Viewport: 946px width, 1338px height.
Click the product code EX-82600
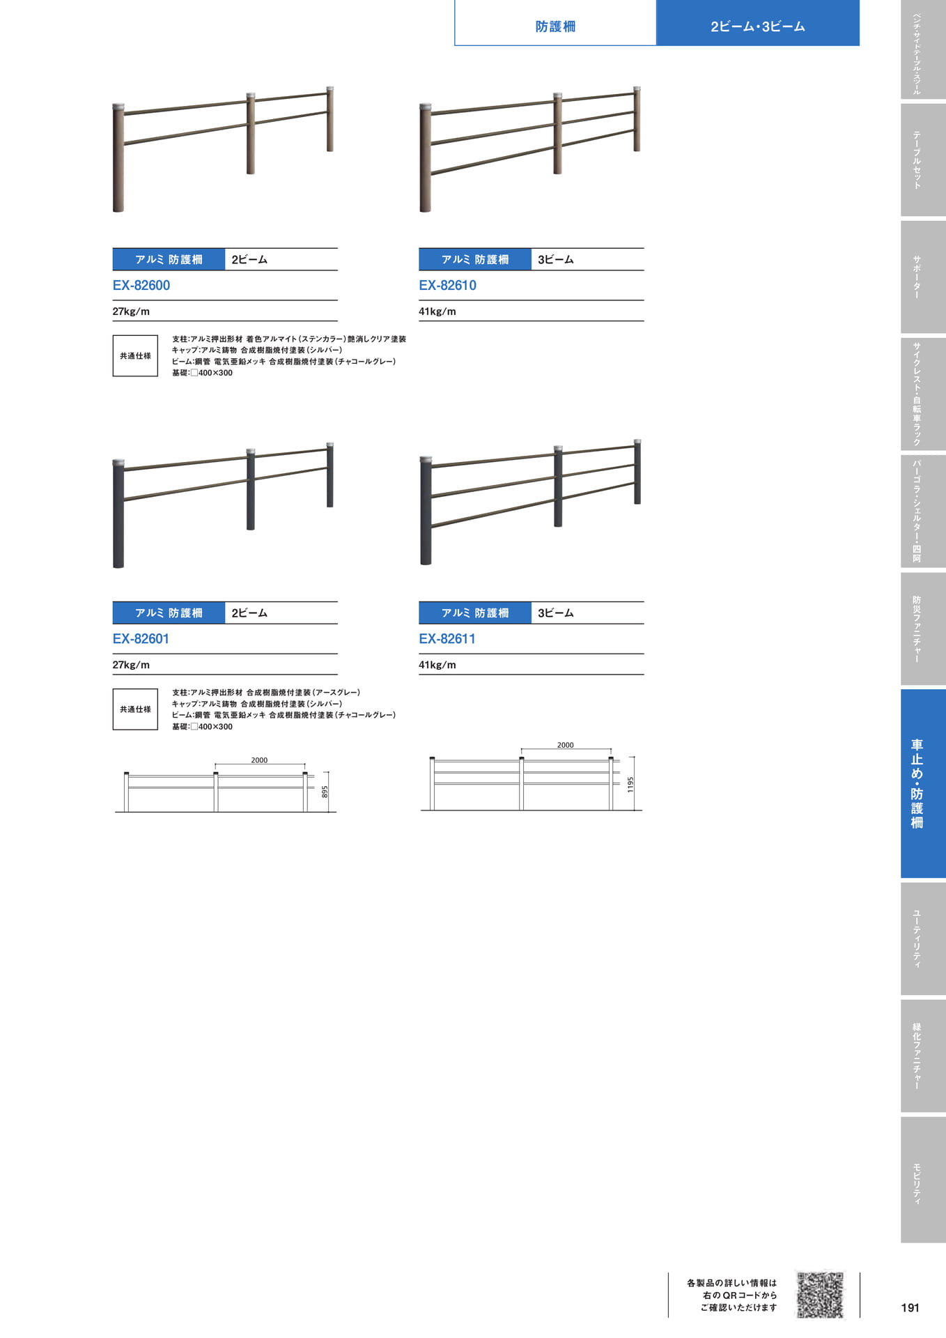pyautogui.click(x=141, y=285)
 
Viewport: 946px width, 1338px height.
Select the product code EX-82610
pyautogui.click(x=447, y=285)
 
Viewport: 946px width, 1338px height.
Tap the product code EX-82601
pyautogui.click(x=141, y=638)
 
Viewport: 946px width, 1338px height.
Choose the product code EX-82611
pyautogui.click(x=447, y=638)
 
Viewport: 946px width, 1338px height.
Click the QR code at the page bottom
pyautogui.click(x=820, y=1295)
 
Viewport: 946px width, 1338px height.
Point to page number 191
pyautogui.click(x=910, y=1307)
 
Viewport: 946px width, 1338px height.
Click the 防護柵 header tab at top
pyautogui.click(x=555, y=26)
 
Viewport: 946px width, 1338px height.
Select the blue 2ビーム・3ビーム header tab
pyautogui.click(x=758, y=26)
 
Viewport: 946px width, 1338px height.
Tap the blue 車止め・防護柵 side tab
pyautogui.click(x=923, y=783)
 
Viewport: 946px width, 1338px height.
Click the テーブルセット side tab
pyautogui.click(x=923, y=160)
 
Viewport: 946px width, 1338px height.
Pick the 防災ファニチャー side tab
pyautogui.click(x=923, y=629)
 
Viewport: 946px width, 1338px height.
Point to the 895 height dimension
pyautogui.click(x=325, y=792)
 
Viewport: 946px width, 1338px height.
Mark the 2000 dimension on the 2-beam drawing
pyautogui.click(x=259, y=760)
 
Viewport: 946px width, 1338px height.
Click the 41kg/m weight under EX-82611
pyautogui.click(x=437, y=665)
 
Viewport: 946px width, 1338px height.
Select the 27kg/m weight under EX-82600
pyautogui.click(x=131, y=312)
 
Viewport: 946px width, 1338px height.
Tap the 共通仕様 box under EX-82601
pyautogui.click(x=135, y=709)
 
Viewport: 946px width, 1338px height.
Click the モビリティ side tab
pyautogui.click(x=923, y=1180)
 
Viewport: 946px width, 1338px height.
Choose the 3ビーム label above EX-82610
pyautogui.click(x=556, y=259)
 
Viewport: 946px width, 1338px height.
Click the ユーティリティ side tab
pyautogui.click(x=923, y=939)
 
